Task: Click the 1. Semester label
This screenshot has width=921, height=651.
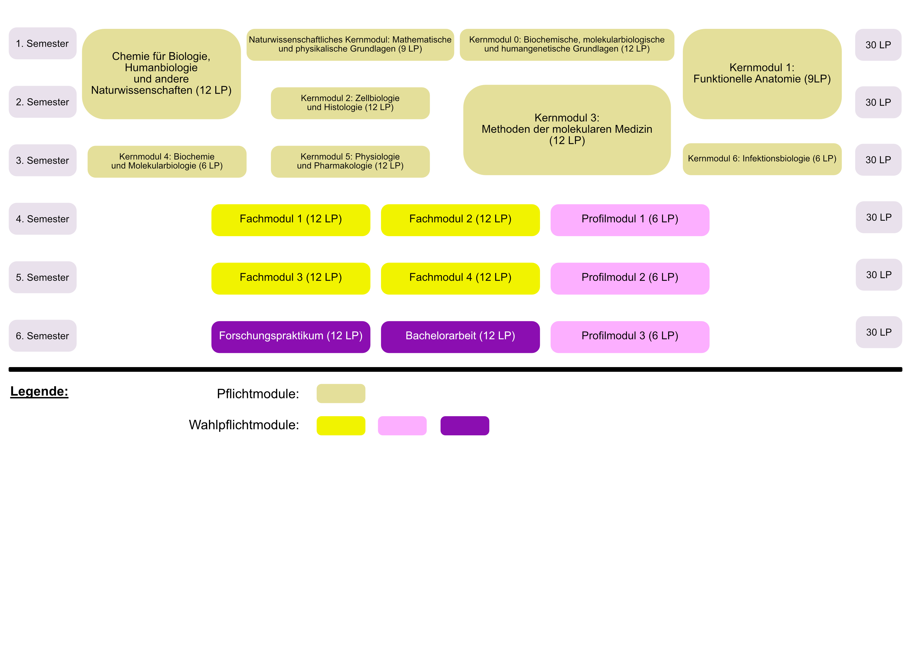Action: pos(43,43)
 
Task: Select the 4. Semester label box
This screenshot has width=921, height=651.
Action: pos(43,219)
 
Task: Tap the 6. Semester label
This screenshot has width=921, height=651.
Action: pos(43,336)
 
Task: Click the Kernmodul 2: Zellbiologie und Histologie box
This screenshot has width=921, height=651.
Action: pos(350,103)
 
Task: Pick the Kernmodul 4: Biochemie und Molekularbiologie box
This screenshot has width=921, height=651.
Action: pos(167,162)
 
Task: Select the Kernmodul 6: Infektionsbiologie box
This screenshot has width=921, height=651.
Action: pos(762,159)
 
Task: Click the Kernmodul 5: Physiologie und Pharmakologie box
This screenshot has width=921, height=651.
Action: pos(350,162)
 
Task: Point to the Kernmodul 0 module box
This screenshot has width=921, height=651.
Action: pos(567,45)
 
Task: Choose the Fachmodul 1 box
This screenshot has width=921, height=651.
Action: pos(291,220)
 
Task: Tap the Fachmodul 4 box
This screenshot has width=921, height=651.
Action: pos(460,279)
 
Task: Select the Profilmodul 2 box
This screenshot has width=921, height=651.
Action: pos(630,279)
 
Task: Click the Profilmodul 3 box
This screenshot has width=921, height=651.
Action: pos(630,337)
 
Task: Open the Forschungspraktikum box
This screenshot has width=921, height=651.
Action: pos(291,337)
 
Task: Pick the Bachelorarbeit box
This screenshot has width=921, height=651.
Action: pos(460,337)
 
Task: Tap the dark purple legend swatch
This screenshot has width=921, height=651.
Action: pos(465,426)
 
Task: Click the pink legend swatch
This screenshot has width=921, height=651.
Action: pos(402,426)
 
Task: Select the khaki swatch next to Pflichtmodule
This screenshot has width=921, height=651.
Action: pos(341,394)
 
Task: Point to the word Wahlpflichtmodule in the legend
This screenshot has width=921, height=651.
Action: pos(244,425)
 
